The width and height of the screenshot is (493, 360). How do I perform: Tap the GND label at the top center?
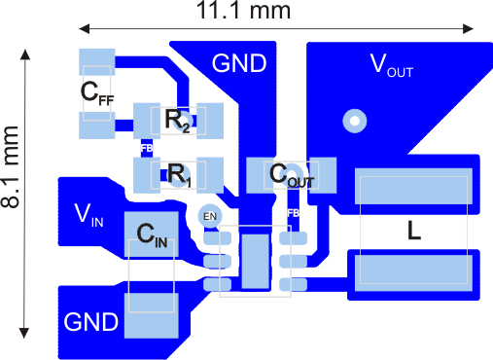pyautogui.click(x=239, y=64)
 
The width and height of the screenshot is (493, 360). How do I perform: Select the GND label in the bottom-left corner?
pyautogui.click(x=91, y=321)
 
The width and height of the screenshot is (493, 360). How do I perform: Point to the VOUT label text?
pyautogui.click(x=398, y=65)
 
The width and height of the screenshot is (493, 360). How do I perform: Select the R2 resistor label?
pyautogui.click(x=178, y=120)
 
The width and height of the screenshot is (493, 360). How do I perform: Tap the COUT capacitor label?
pyautogui.click(x=292, y=175)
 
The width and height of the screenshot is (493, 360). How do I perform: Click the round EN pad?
pyautogui.click(x=209, y=215)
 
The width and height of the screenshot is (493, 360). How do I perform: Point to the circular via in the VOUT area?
pyautogui.click(x=354, y=121)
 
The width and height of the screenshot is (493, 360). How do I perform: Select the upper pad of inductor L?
pyautogui.click(x=415, y=188)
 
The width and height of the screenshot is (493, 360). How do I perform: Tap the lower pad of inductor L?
pyautogui.click(x=415, y=270)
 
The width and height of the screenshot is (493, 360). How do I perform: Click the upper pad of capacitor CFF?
pyautogui.click(x=97, y=61)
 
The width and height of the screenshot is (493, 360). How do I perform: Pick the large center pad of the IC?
pyautogui.click(x=256, y=261)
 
